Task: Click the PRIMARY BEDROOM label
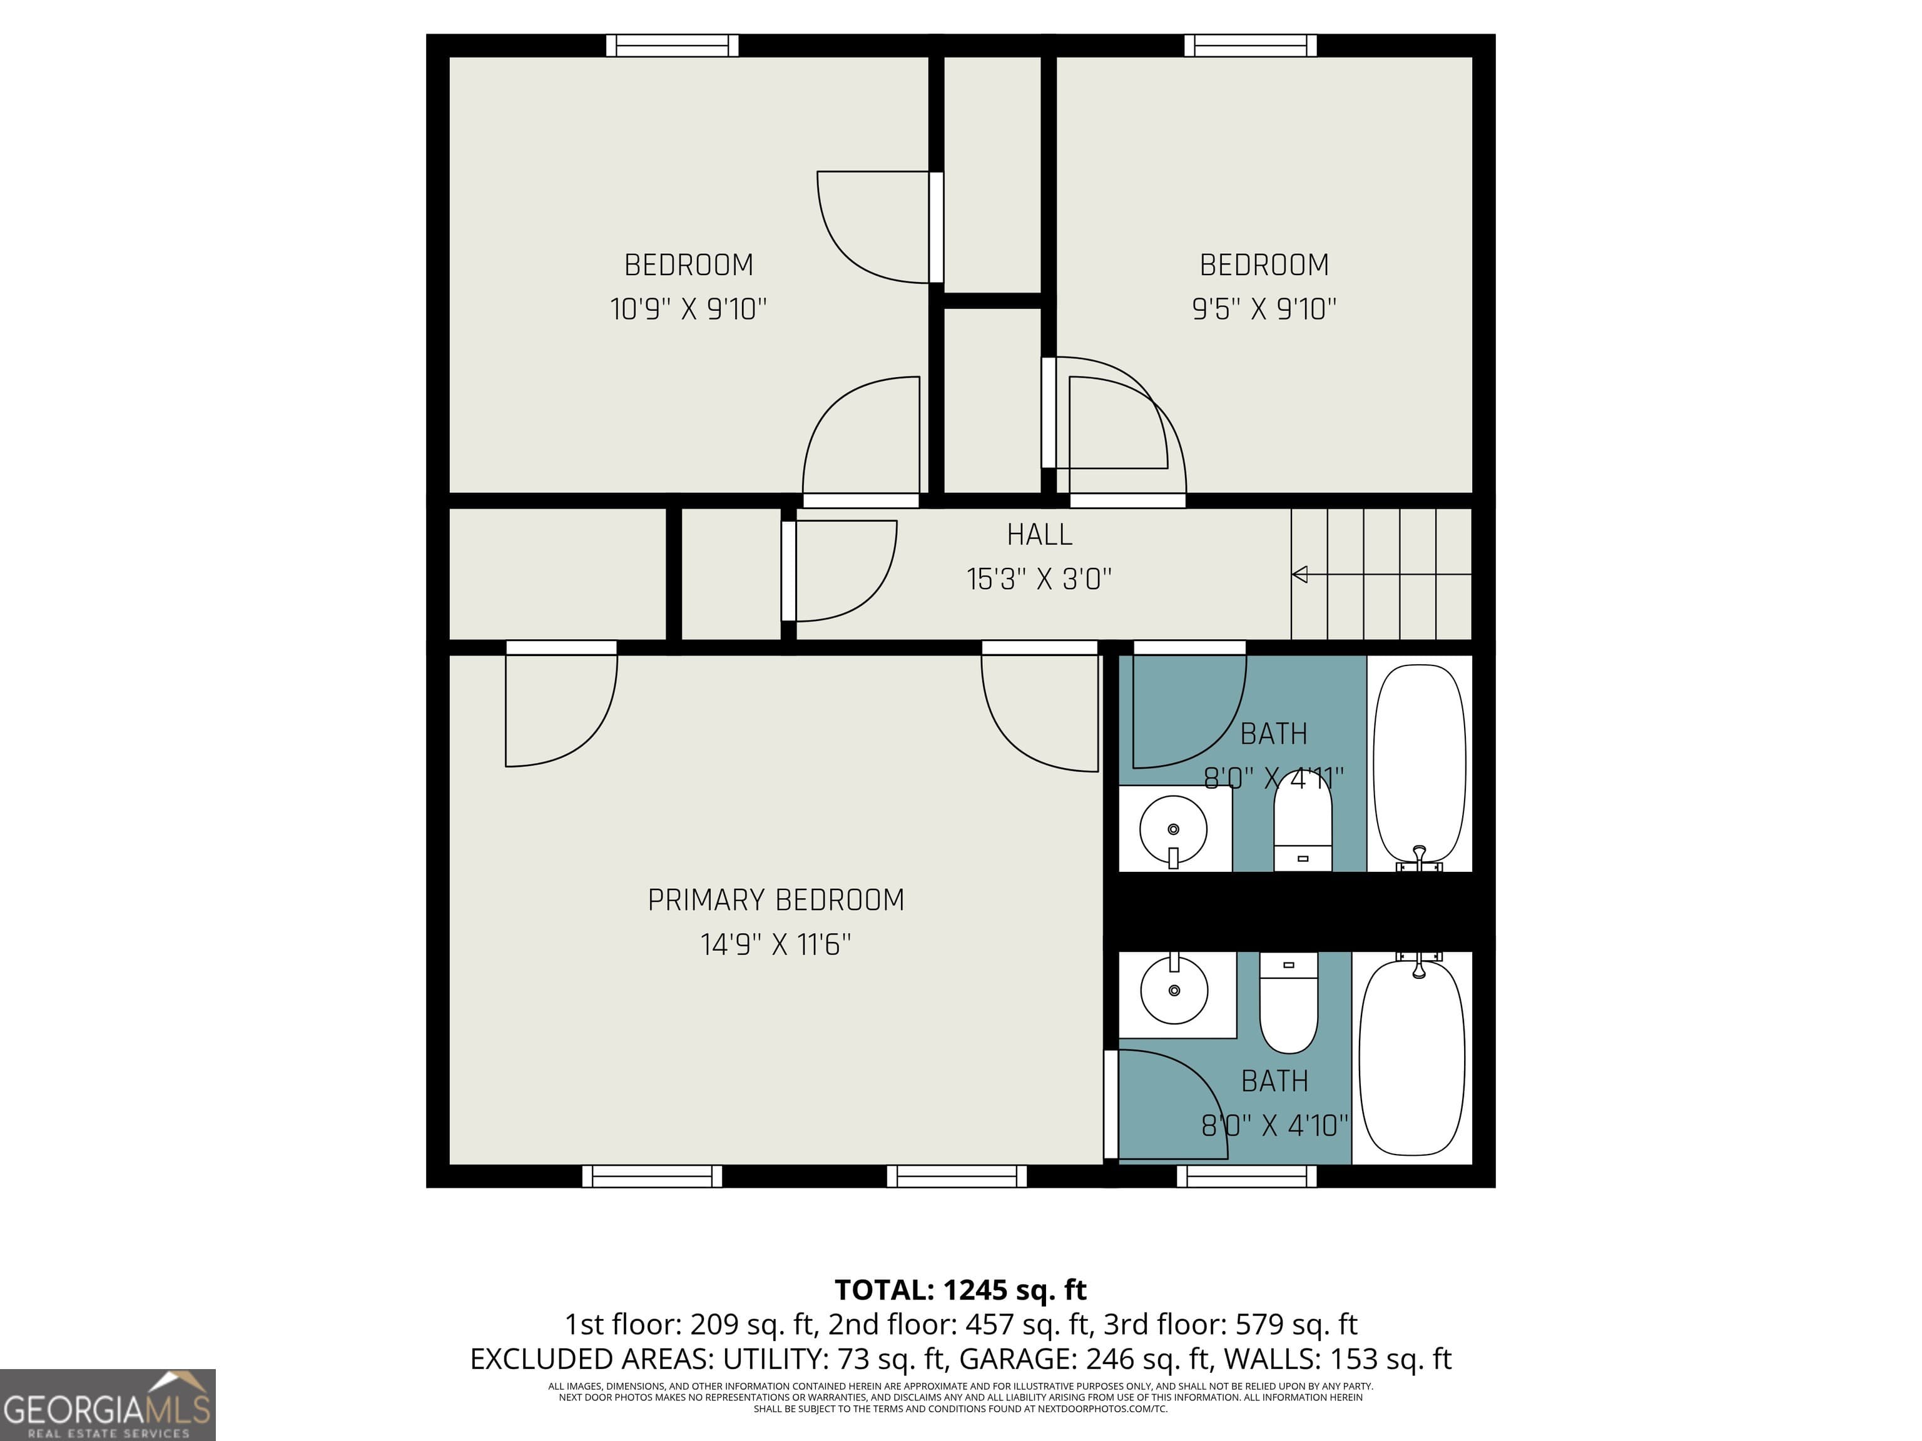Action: coord(776,900)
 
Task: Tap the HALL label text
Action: coord(1039,534)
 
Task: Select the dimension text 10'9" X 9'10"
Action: coord(688,308)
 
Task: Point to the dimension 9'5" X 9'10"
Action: coord(1264,308)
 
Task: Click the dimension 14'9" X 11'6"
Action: coord(776,944)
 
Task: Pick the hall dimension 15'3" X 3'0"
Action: coord(1039,579)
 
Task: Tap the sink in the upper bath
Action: coord(1173,829)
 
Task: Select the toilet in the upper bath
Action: coord(1303,834)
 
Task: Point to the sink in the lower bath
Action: coord(1174,990)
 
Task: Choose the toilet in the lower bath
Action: coord(1289,1003)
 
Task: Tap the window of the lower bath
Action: coord(1247,1176)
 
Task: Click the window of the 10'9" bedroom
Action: coord(673,45)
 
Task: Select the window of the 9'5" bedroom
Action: coord(1250,45)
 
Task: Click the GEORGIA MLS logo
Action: coord(107,1405)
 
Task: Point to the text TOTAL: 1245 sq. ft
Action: coord(960,1290)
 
